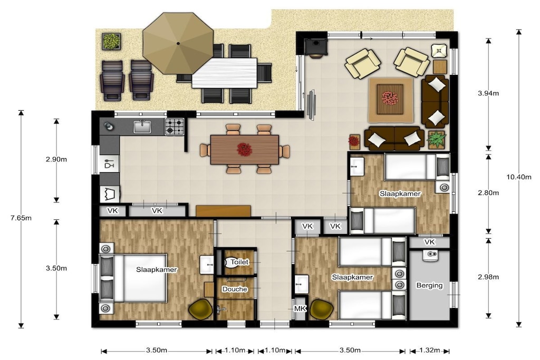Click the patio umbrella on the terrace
178,43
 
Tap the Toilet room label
239,262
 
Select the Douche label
235,289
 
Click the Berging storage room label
429,285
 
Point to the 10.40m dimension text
519,177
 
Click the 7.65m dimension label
21,218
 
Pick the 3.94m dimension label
488,93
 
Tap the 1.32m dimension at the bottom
430,351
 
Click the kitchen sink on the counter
142,127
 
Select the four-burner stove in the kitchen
174,127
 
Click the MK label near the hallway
300,309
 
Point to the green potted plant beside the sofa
436,139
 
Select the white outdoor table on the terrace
225,73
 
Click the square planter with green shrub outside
111,42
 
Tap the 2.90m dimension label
56,159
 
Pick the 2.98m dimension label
488,277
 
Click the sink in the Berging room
430,255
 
